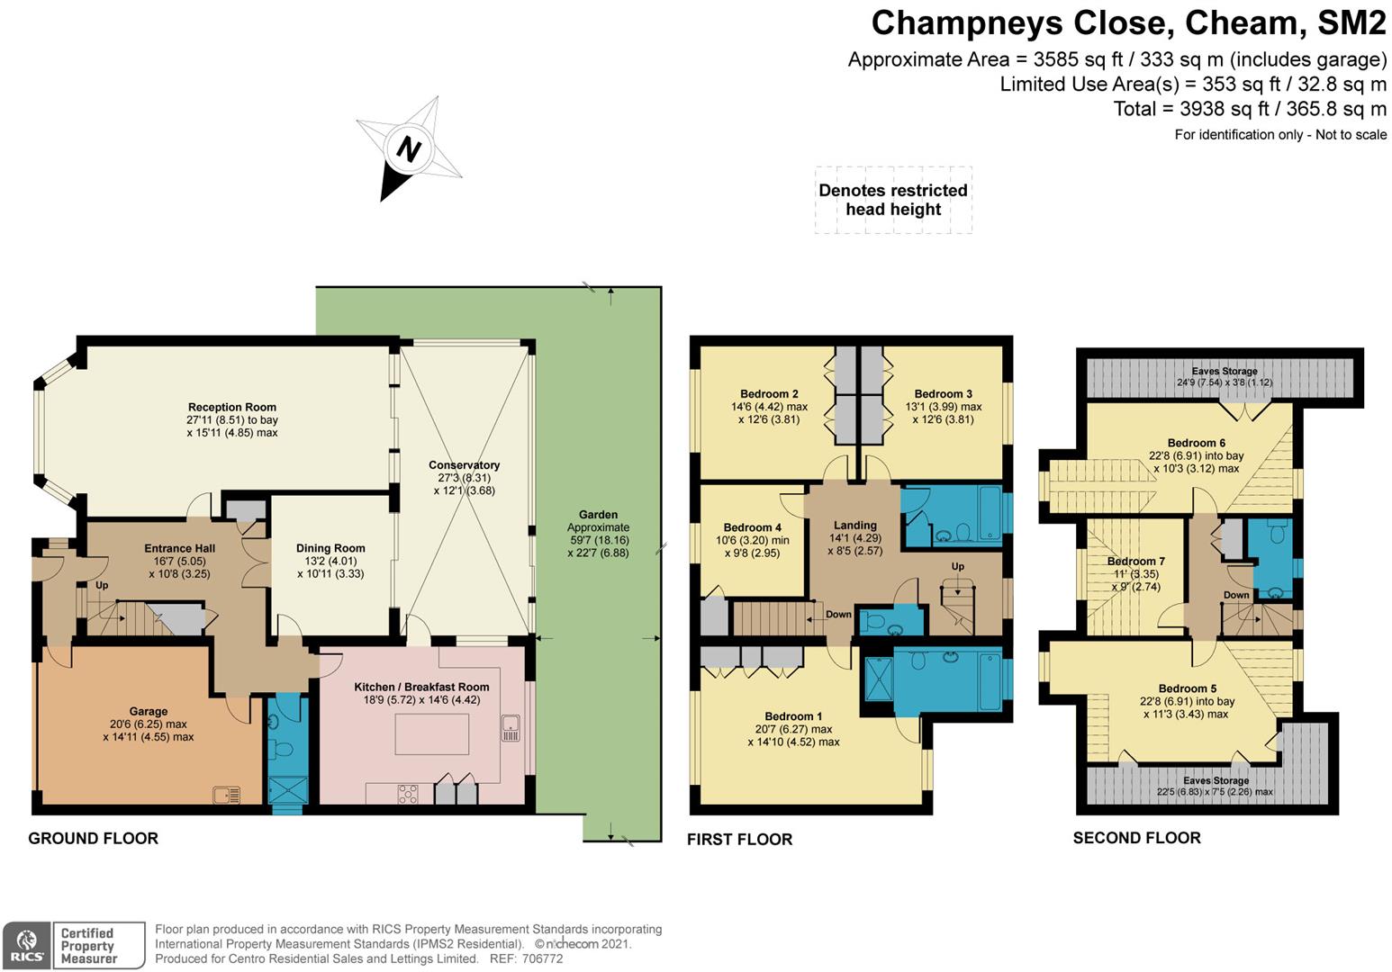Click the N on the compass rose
tap(409, 149)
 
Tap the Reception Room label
tap(231, 408)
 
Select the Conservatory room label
tap(465, 465)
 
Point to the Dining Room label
tap(330, 548)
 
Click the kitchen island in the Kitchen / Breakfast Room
tap(431, 733)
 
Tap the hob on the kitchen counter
tap(408, 795)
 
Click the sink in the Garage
tap(226, 795)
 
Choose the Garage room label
tap(149, 711)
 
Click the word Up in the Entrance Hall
tap(102, 585)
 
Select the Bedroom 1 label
tap(793, 716)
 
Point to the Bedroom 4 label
tap(753, 527)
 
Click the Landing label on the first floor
tap(855, 526)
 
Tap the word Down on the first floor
tap(838, 615)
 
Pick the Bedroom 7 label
tap(1136, 562)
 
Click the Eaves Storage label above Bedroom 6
tap(1225, 371)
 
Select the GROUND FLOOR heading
tap(94, 839)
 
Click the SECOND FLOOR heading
tap(1136, 838)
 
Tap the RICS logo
tap(26, 946)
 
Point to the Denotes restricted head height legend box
tap(893, 200)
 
